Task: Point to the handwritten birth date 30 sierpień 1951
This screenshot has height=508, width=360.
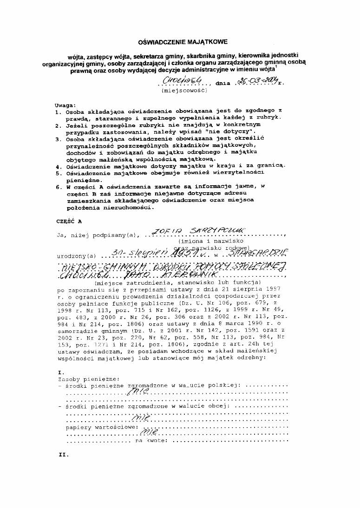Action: point(149,252)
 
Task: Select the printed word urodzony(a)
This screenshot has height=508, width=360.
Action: point(75,255)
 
